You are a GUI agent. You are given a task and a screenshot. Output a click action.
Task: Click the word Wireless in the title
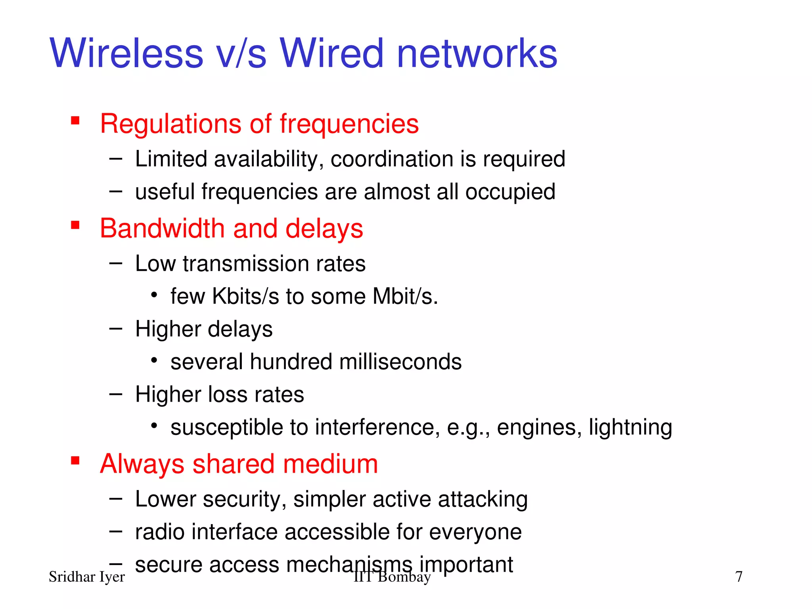click(126, 54)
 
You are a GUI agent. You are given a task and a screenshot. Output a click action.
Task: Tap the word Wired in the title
click(332, 54)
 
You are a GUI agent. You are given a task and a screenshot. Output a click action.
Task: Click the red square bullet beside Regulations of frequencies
click(75, 120)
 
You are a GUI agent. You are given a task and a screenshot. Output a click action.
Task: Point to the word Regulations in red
click(170, 124)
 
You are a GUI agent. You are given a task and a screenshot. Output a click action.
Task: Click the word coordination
click(392, 159)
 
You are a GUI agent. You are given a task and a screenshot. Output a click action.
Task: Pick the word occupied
click(510, 192)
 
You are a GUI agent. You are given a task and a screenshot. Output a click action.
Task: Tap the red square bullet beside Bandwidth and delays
click(75, 225)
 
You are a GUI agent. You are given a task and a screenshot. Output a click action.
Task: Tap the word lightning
click(630, 427)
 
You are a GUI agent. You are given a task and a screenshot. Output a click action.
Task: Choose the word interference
click(377, 427)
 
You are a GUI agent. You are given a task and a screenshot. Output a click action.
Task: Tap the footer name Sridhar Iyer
click(86, 577)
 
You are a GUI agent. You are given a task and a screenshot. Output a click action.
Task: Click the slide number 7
click(739, 577)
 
